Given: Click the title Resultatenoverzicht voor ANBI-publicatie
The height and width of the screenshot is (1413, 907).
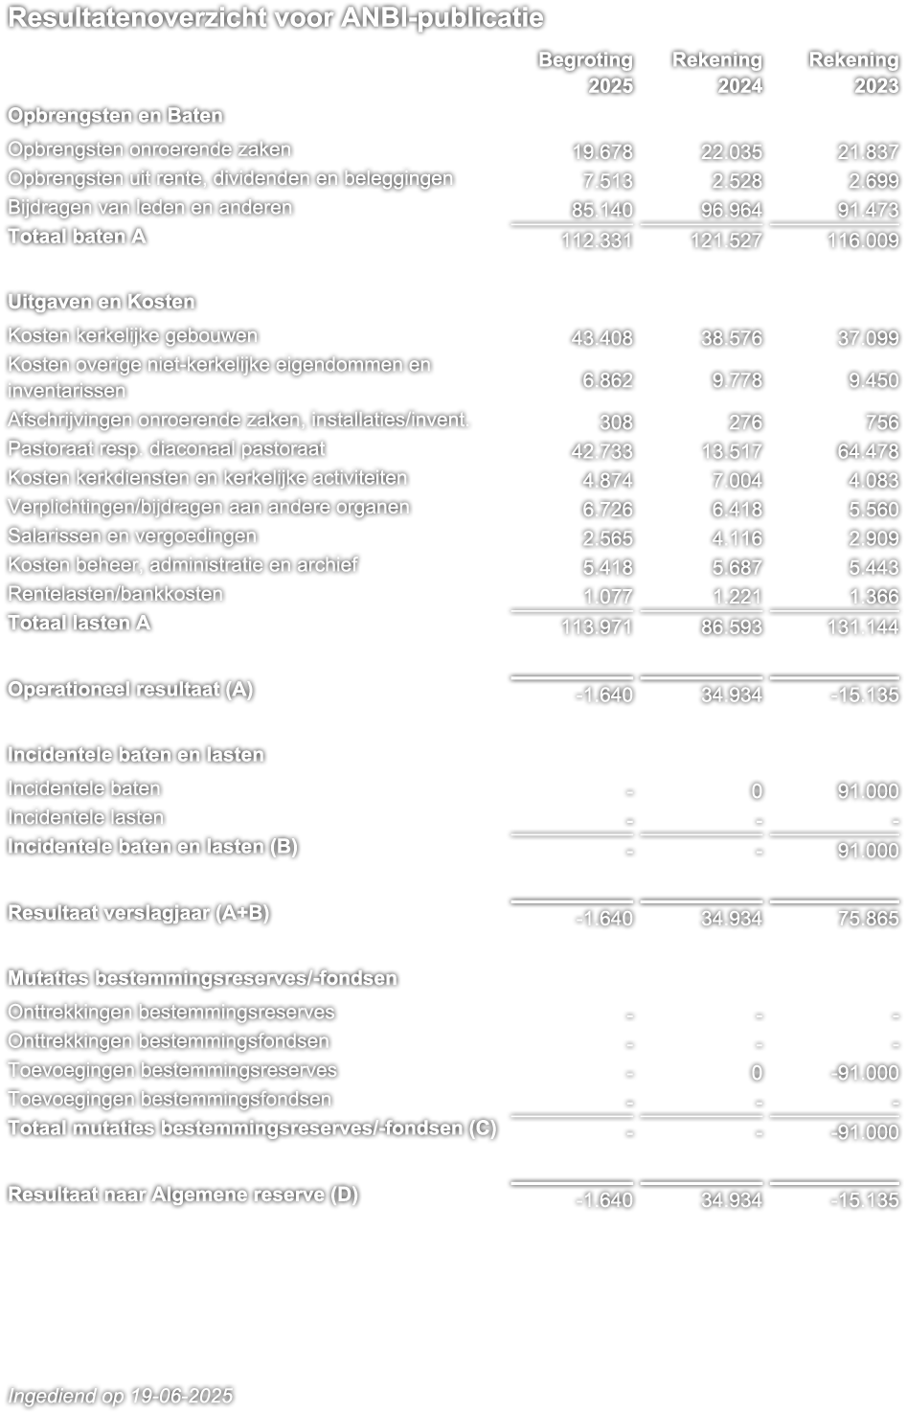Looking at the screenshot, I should (275, 18).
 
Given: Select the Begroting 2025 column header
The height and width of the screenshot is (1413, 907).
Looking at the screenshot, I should (586, 72).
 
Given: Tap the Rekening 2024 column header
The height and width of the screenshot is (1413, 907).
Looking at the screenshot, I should (717, 72).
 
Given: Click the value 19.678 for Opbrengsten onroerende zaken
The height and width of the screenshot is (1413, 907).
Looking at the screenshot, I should (602, 151).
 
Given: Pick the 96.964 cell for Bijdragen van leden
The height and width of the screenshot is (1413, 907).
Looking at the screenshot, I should (732, 210).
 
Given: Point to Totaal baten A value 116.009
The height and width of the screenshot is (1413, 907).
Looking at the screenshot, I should (864, 240).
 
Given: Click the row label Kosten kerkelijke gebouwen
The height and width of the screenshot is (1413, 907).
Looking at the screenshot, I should (132, 336).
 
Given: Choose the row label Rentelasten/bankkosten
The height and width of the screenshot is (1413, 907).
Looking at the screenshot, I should (115, 594).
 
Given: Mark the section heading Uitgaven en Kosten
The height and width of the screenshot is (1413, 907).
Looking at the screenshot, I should (101, 302).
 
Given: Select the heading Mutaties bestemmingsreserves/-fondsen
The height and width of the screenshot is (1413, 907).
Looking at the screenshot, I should (202, 978).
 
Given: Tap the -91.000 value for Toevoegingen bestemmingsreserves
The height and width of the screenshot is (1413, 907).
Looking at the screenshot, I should (864, 1073).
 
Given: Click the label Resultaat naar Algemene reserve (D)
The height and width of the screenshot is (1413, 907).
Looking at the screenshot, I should (182, 1195).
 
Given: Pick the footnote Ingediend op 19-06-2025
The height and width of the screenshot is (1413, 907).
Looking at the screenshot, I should (121, 1396).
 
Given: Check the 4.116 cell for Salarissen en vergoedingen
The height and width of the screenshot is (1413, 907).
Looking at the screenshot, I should (739, 538).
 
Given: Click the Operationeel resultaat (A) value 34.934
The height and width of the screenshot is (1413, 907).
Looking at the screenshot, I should (732, 695).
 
